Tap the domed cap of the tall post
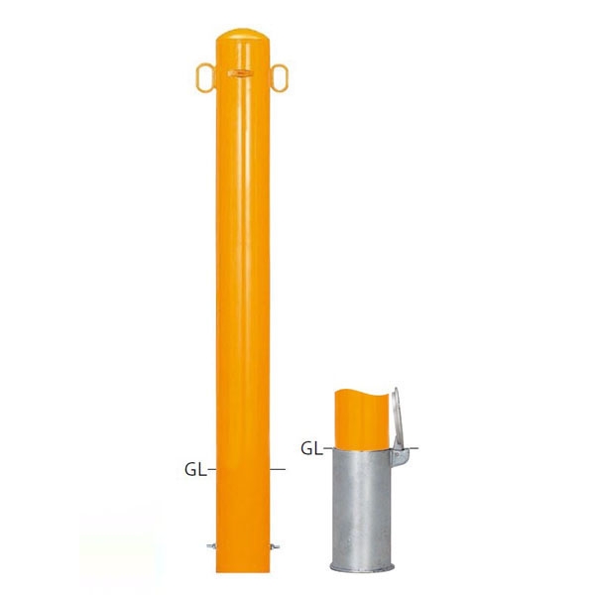coord(243,35)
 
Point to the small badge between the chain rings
coord(240,72)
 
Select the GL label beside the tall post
coord(195,470)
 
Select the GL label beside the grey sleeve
coord(311,449)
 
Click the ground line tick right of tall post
coord(278,470)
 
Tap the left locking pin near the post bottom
coord(211,546)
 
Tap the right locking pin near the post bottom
coord(275,546)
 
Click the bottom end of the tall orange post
coord(243,571)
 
